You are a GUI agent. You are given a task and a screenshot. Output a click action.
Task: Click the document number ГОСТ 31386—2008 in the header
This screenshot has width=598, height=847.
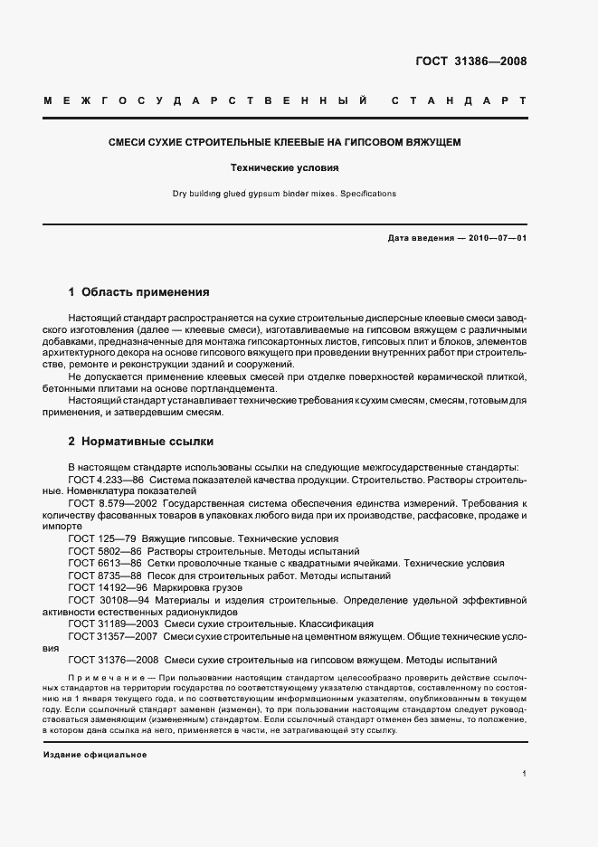coord(471,62)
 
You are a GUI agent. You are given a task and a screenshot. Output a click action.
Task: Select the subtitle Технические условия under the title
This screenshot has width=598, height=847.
coord(285,167)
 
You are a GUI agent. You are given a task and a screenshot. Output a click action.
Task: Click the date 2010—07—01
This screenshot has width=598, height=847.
coord(496,237)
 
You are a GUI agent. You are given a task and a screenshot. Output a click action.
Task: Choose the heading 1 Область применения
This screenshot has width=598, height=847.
coord(138,292)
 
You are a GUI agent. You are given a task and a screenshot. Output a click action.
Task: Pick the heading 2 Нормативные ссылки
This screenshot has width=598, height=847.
coord(141,443)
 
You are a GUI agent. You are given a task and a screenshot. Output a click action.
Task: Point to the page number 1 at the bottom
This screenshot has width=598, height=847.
coord(524,774)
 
